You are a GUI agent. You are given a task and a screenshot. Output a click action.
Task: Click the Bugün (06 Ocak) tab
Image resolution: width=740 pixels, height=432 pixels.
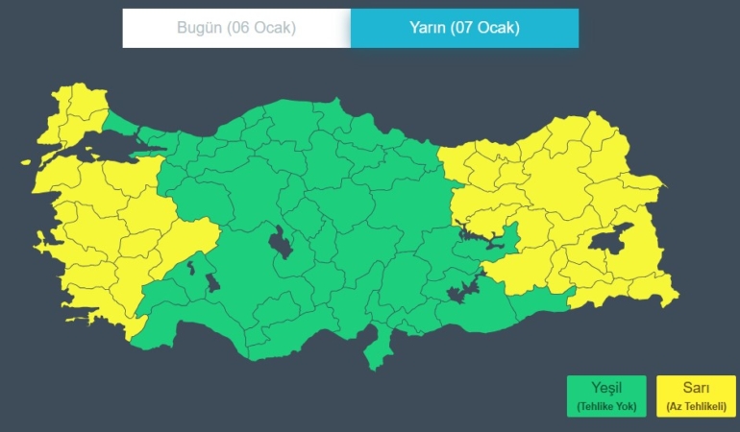tap(236, 28)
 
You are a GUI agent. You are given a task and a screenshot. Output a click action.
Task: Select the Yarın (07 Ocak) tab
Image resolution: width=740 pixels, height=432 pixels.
tap(464, 28)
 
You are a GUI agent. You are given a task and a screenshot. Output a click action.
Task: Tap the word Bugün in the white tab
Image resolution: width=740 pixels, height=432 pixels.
tap(199, 28)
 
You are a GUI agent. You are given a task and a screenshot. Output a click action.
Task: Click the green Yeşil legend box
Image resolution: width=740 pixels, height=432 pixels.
tap(606, 396)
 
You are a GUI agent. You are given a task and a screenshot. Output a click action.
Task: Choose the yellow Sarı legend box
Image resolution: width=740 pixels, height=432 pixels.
tap(696, 396)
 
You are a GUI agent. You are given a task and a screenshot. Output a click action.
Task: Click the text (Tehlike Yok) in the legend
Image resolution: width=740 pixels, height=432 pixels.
tap(606, 408)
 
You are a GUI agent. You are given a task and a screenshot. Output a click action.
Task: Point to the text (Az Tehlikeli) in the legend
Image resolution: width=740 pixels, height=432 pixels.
tap(696, 408)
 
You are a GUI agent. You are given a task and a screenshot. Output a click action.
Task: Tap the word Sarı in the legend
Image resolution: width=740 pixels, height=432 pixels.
tap(696, 388)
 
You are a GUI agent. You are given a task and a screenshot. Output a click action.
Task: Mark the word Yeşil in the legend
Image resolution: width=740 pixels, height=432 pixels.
tap(606, 388)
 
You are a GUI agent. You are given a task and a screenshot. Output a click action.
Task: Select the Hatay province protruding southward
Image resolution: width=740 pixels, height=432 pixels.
tap(377, 350)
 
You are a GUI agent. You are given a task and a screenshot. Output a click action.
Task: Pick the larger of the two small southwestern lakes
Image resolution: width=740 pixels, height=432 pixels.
tap(212, 282)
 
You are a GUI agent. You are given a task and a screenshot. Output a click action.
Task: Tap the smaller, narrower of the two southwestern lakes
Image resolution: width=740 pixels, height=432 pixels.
tap(191, 268)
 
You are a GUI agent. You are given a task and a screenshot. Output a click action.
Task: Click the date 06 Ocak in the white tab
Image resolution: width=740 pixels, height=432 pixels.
tap(261, 28)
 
